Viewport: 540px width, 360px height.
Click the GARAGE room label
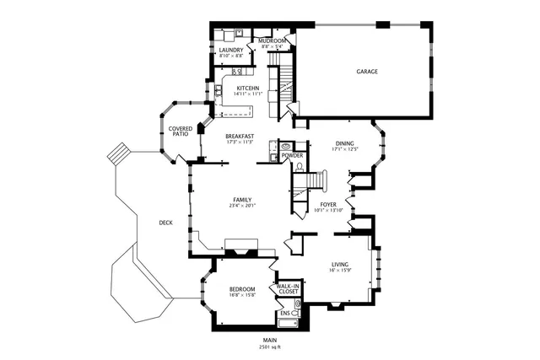click(x=366, y=72)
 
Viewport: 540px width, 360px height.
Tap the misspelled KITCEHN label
click(x=247, y=88)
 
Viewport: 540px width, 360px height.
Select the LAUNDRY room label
click(x=230, y=50)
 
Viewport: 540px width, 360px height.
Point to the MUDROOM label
click(x=272, y=40)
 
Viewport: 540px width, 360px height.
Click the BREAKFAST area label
click(x=240, y=136)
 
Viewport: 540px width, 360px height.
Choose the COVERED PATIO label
click(x=181, y=132)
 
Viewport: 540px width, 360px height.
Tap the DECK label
click(x=165, y=223)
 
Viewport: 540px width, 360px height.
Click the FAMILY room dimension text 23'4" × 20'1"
click(x=241, y=206)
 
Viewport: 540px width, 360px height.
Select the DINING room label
click(x=345, y=143)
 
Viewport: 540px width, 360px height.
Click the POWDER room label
click(x=292, y=155)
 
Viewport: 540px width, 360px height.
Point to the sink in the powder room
click(x=285, y=145)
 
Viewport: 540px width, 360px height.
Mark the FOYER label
click(x=329, y=204)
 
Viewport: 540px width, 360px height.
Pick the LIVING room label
click(x=339, y=264)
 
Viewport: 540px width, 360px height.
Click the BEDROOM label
click(x=241, y=289)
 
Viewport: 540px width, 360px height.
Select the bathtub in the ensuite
click(x=288, y=323)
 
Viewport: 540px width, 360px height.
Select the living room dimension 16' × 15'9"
click(x=339, y=270)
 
